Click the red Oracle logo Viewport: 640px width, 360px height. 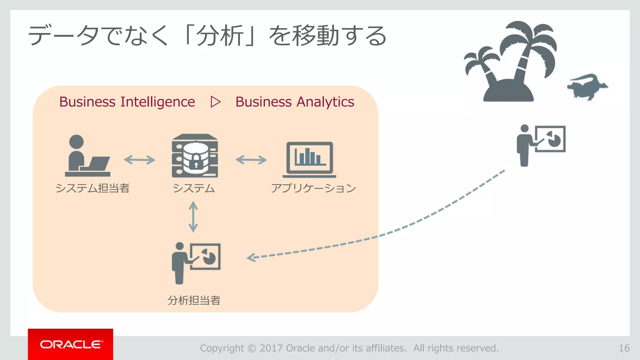[70, 344]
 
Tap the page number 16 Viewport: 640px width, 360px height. [624, 348]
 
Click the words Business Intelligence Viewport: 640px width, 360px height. [127, 102]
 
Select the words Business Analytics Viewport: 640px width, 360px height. [295, 102]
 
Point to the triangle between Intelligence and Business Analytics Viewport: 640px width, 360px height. [216, 102]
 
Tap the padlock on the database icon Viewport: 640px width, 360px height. [196, 161]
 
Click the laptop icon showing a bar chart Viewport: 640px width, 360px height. [309, 159]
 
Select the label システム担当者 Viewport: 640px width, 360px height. [92, 188]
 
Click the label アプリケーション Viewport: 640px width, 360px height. [313, 188]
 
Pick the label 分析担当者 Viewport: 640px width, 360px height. [194, 300]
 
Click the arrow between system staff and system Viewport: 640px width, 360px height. [139, 160]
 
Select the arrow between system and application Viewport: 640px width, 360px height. [251, 160]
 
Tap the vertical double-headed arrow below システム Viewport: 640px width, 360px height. [193, 217]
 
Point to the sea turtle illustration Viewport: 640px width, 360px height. [587, 87]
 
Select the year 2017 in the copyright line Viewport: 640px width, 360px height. [271, 348]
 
